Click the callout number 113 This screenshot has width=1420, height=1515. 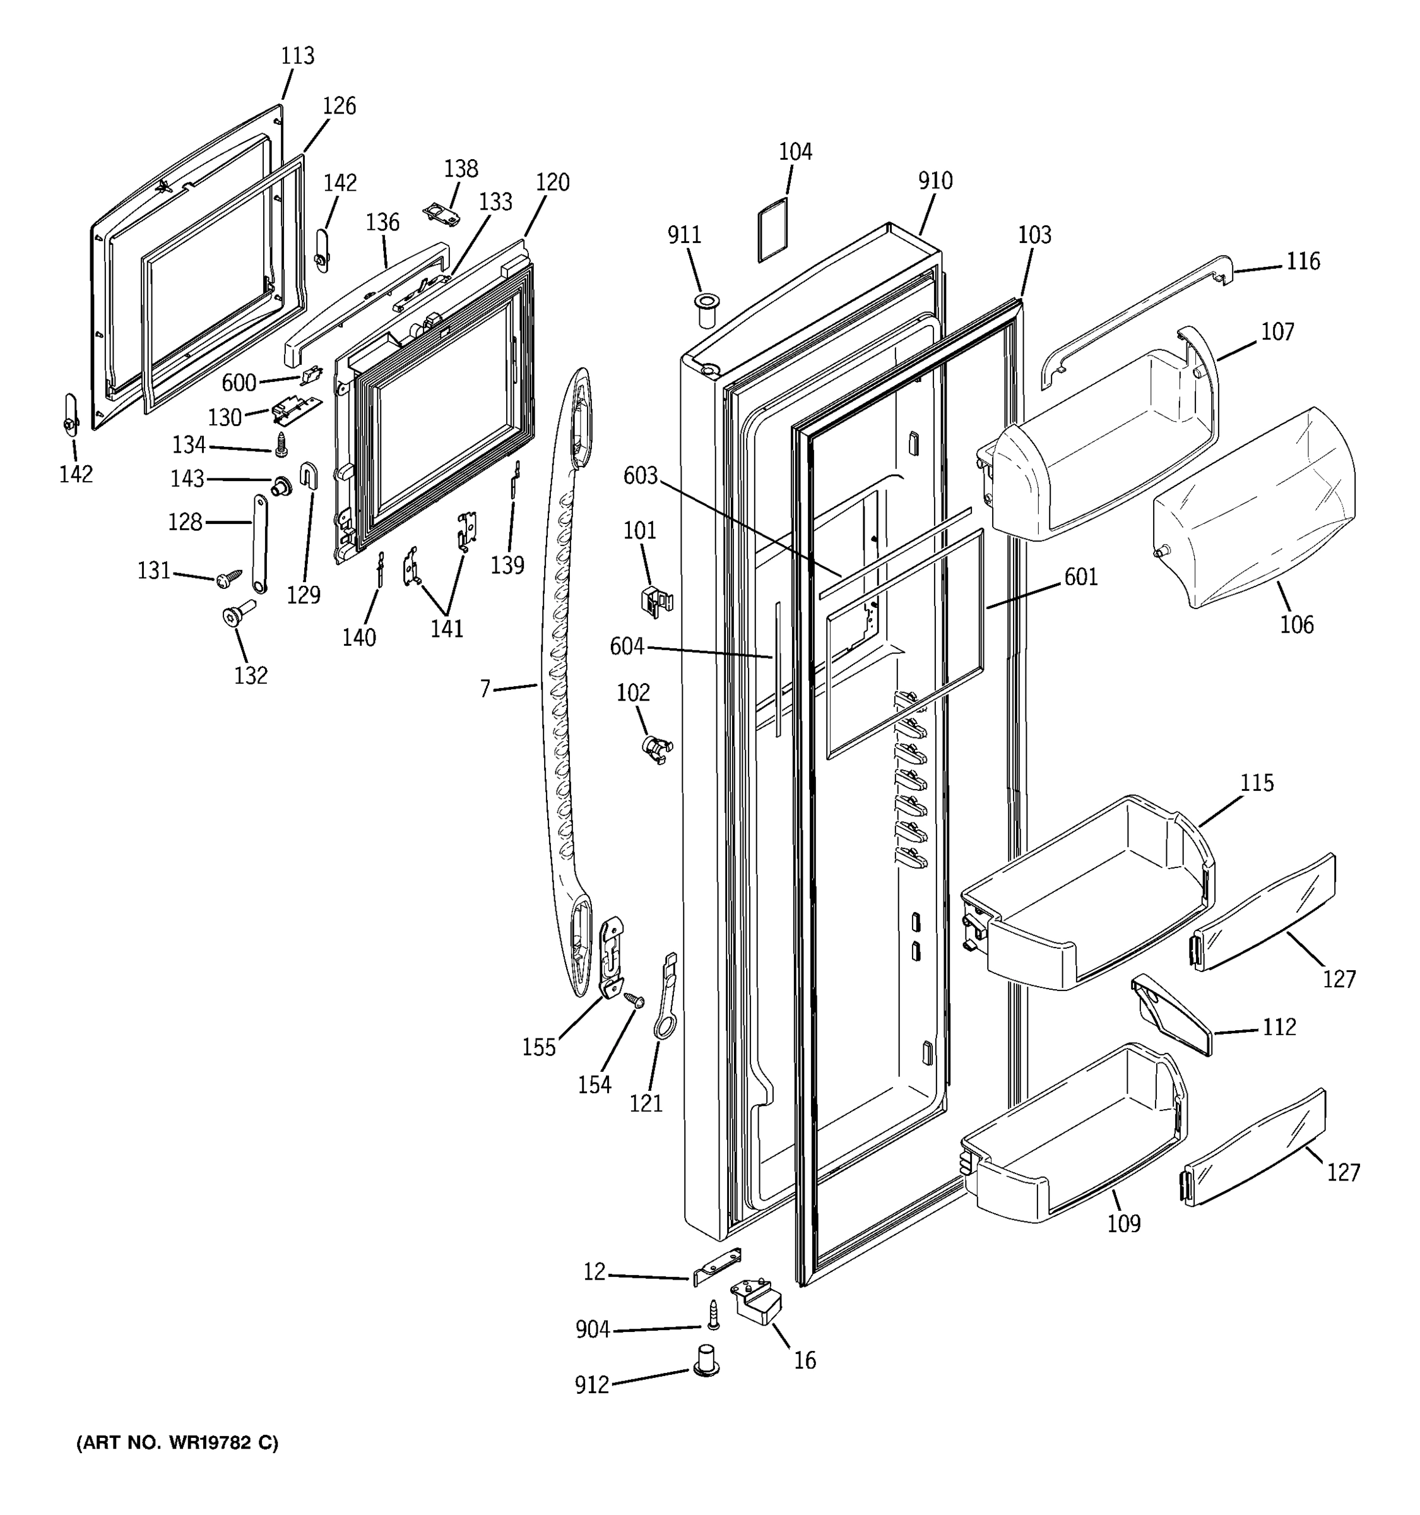coord(297,56)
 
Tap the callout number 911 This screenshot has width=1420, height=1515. coord(684,235)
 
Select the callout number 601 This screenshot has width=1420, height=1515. coord(1081,577)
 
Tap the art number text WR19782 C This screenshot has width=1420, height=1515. coord(177,1442)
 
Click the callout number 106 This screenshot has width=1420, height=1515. coord(1296,624)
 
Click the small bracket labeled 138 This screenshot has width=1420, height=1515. coord(442,214)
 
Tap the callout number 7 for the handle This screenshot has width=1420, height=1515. coord(485,688)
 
